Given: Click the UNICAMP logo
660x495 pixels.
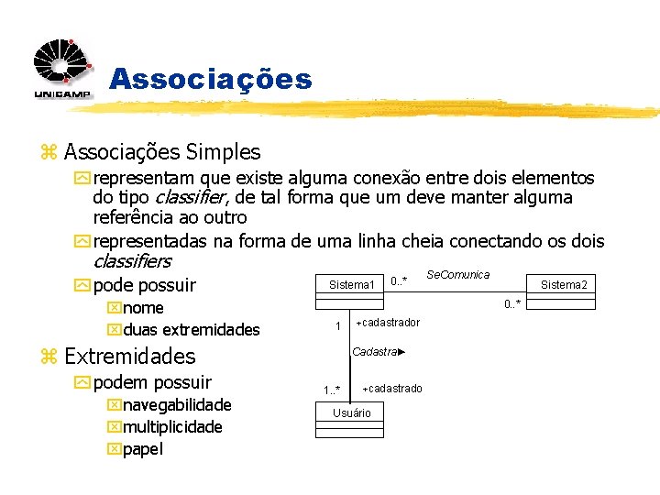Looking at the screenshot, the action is click(x=62, y=70).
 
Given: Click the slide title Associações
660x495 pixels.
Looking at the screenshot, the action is click(x=211, y=79).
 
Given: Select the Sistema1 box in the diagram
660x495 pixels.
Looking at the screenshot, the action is click(x=352, y=285).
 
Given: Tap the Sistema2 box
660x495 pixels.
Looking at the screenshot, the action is click(x=564, y=285).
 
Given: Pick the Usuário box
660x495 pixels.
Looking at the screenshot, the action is click(x=352, y=413).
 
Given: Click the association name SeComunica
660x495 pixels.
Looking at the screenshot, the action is click(x=458, y=274).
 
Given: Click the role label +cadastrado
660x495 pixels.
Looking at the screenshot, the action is click(x=391, y=389).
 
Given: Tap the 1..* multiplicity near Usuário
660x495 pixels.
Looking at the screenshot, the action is click(x=332, y=390).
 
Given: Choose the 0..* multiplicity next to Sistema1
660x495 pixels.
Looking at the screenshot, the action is click(x=399, y=280).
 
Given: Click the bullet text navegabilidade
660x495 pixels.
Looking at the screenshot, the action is click(x=177, y=405).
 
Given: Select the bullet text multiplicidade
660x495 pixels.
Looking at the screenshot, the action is click(x=172, y=427).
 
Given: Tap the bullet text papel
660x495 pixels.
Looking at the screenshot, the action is click(x=143, y=449).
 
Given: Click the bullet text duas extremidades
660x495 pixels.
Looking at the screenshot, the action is click(x=191, y=330).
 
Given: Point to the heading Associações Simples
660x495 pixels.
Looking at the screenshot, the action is click(x=162, y=152).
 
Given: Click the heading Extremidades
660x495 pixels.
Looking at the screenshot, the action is click(x=130, y=357).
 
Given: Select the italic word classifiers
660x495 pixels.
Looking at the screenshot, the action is click(x=132, y=262).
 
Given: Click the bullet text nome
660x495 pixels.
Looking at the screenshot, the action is click(x=143, y=308).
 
